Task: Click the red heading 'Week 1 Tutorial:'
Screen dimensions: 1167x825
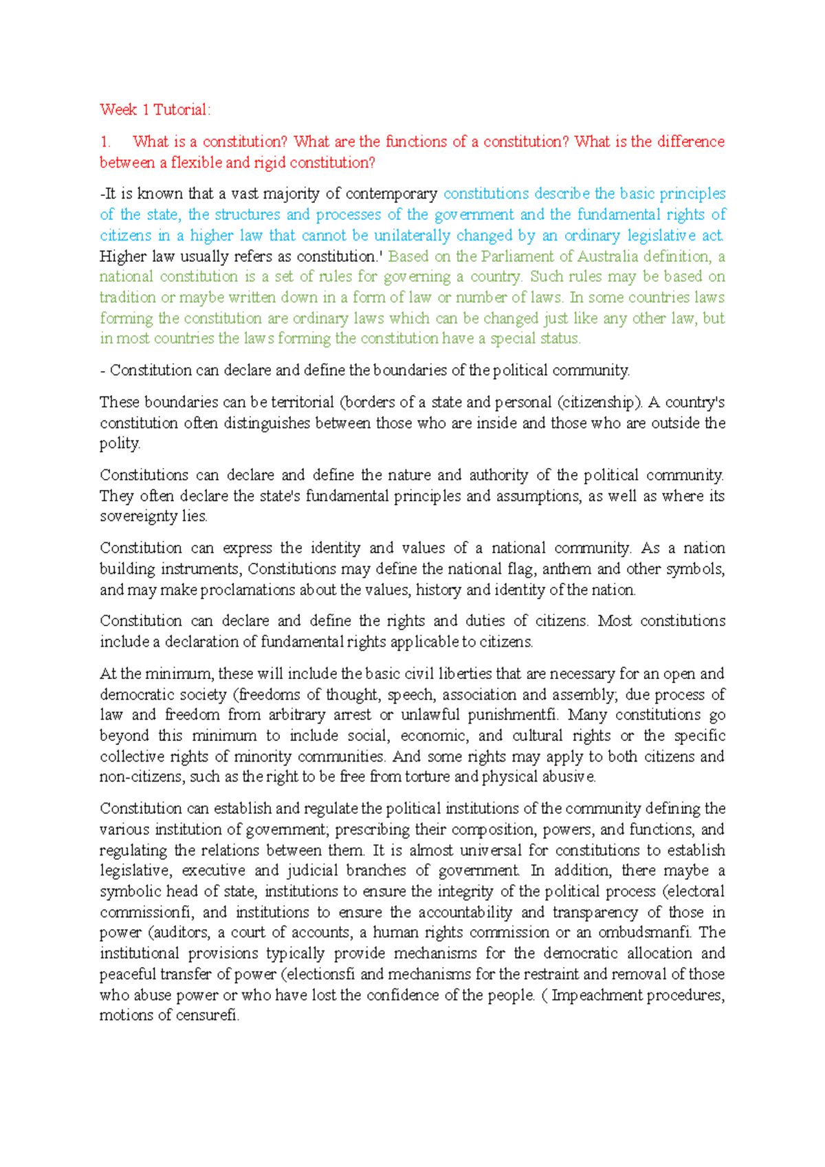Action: click(x=155, y=110)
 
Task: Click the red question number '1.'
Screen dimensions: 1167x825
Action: click(x=105, y=142)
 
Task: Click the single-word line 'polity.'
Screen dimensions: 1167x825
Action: click(x=120, y=443)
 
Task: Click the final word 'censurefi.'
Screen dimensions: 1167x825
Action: click(x=207, y=1016)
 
